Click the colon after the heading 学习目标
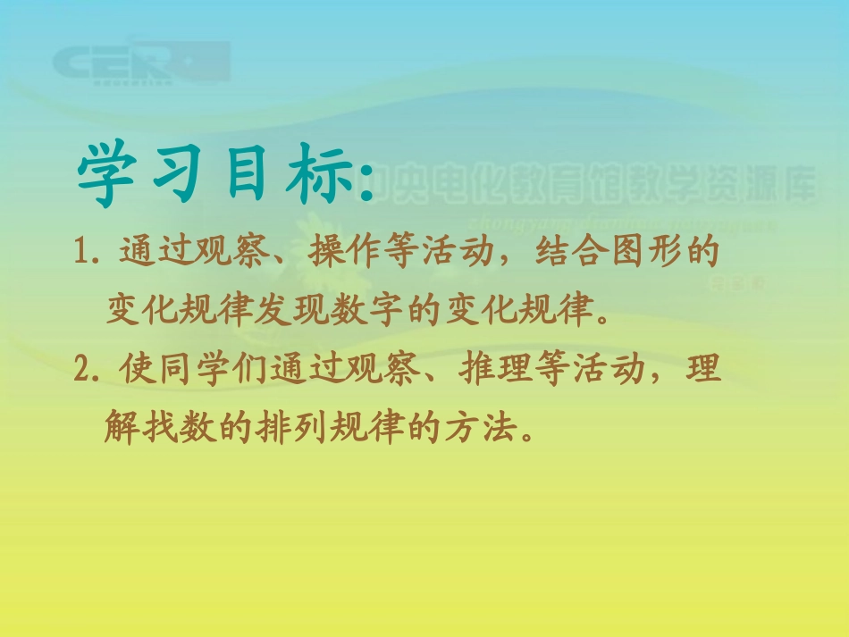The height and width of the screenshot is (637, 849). (365, 179)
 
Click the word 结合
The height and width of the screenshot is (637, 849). (567, 254)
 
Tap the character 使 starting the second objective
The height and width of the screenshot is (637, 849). (135, 369)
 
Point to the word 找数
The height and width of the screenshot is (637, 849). (178, 430)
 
